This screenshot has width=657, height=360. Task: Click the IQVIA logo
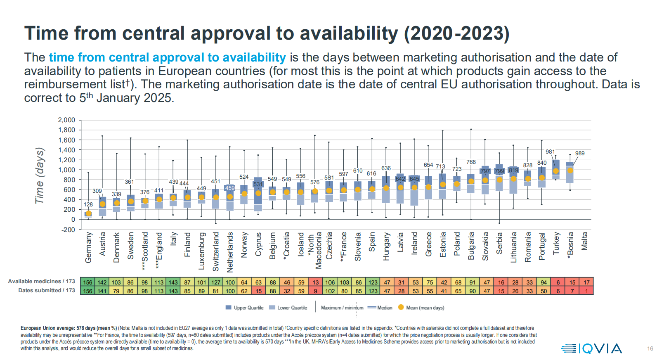pyautogui.click(x=591, y=348)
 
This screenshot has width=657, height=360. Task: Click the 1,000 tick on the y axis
pyautogui.click(x=66, y=170)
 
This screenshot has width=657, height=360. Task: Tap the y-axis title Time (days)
pyautogui.click(x=40, y=175)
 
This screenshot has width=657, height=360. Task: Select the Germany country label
pyautogui.click(x=88, y=247)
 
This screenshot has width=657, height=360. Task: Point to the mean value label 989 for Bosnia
pyautogui.click(x=579, y=153)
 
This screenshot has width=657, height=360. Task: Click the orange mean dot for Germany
pyautogui.click(x=88, y=213)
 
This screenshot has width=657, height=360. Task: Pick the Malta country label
pyautogui.click(x=584, y=241)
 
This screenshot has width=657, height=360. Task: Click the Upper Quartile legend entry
pyautogui.click(x=245, y=308)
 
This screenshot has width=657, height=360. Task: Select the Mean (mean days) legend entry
pyautogui.click(x=421, y=308)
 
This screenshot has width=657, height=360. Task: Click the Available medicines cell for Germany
pyautogui.click(x=88, y=282)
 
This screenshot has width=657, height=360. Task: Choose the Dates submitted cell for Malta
pyautogui.click(x=586, y=291)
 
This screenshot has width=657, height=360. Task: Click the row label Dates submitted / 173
pyautogui.click(x=46, y=290)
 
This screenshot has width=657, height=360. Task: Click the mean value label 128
pyautogui.click(x=88, y=204)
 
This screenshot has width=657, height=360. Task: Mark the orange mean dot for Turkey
pyautogui.click(x=556, y=171)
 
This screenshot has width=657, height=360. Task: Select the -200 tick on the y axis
pyautogui.click(x=66, y=230)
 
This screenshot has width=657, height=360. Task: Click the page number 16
pyautogui.click(x=650, y=349)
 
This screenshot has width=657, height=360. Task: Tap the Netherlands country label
pyautogui.click(x=230, y=252)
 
